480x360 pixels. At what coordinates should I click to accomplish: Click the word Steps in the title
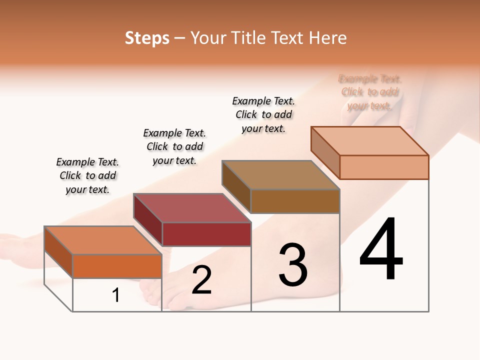147,38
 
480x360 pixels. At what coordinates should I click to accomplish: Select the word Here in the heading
328,38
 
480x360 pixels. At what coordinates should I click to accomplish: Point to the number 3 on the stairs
293,265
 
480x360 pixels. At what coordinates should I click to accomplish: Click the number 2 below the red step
201,280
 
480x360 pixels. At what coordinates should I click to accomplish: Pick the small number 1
116,295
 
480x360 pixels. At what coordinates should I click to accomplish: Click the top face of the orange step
102,240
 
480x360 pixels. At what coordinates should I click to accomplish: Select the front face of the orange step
117,266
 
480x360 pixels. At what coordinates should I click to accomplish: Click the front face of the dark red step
206,234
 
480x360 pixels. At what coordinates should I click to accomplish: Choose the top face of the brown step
280,175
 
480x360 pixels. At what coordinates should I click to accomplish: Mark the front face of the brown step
295,201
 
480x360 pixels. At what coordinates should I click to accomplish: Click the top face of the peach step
369,141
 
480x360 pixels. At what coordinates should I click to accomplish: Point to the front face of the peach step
384,167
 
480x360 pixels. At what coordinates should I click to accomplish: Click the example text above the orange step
87,175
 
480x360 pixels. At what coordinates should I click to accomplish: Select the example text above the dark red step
174,146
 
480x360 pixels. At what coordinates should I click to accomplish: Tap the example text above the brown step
263,114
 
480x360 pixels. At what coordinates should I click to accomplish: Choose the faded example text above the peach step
370,92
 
